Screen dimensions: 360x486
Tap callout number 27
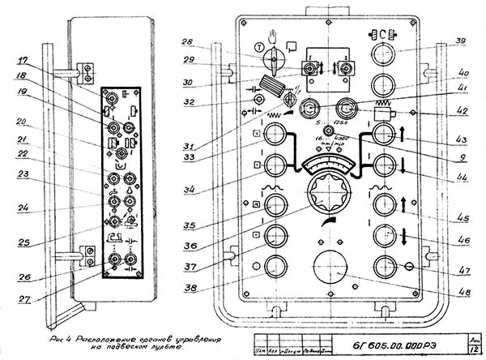26,298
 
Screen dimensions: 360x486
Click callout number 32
188,103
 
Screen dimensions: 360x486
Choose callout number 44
459,175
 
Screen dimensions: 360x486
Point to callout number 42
459,112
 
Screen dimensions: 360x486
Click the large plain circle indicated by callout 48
331,268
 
